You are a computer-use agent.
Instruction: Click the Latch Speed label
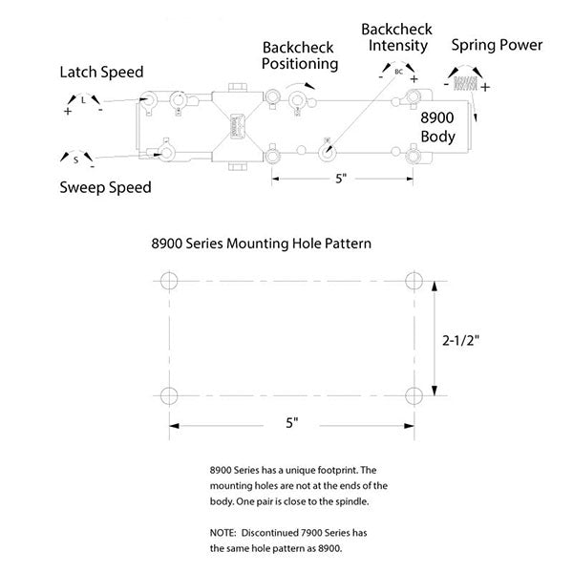[x=100, y=73]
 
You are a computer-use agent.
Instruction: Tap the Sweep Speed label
[x=105, y=188]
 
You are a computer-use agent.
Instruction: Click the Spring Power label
[x=497, y=45]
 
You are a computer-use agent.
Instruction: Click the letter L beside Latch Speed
[x=83, y=98]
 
